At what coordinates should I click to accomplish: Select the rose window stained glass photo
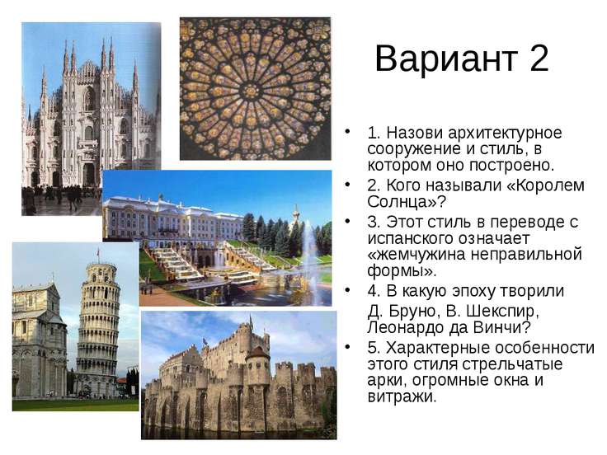coord(255,88)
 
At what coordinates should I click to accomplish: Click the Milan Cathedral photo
coord(90,115)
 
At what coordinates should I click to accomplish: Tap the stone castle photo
coord(238,375)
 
